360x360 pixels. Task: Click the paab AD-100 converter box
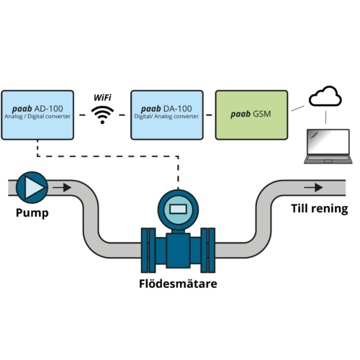pyautogui.click(x=37, y=115)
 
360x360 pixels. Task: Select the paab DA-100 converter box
pyautogui.click(x=167, y=115)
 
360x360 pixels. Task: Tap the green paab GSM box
pyautogui.click(x=251, y=115)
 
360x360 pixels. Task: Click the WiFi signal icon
pyautogui.click(x=102, y=115)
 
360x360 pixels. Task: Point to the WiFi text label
pyautogui.click(x=102, y=98)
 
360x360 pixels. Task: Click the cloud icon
pyautogui.click(x=325, y=96)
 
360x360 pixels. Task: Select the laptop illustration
pyautogui.click(x=328, y=146)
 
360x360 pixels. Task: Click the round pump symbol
pyautogui.click(x=32, y=187)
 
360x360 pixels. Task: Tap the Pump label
pyautogui.click(x=32, y=213)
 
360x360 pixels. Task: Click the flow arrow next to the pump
pyautogui.click(x=62, y=187)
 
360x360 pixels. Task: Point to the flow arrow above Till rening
pyautogui.click(x=313, y=187)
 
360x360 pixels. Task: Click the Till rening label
pyautogui.click(x=320, y=208)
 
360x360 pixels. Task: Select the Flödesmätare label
pyautogui.click(x=178, y=284)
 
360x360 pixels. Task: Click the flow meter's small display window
pyautogui.click(x=178, y=209)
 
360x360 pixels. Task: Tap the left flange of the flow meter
pyautogui.click(x=148, y=251)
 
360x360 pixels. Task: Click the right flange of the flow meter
pyautogui.click(x=208, y=251)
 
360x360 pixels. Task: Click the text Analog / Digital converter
pyautogui.click(x=37, y=117)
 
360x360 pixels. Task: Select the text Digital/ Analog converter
pyautogui.click(x=166, y=117)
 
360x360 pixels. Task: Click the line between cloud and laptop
pyautogui.click(x=325, y=117)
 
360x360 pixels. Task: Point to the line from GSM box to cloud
pyautogui.click(x=297, y=108)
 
